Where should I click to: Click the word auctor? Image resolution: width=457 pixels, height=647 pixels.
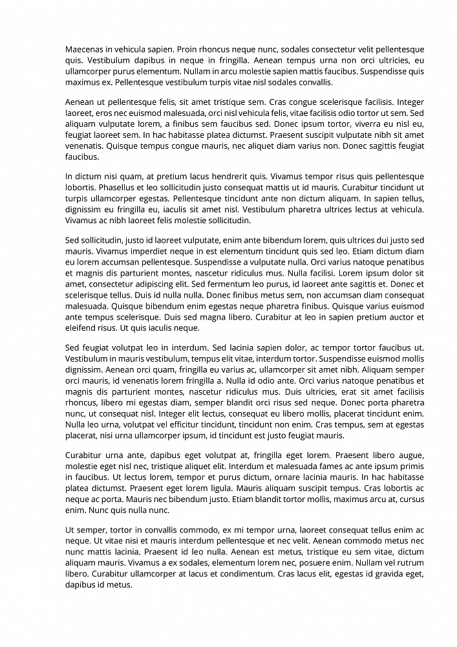pos(396,317)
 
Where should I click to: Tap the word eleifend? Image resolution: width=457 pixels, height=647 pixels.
pos(81,328)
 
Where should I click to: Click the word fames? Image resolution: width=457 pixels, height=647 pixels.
pos(316,466)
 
